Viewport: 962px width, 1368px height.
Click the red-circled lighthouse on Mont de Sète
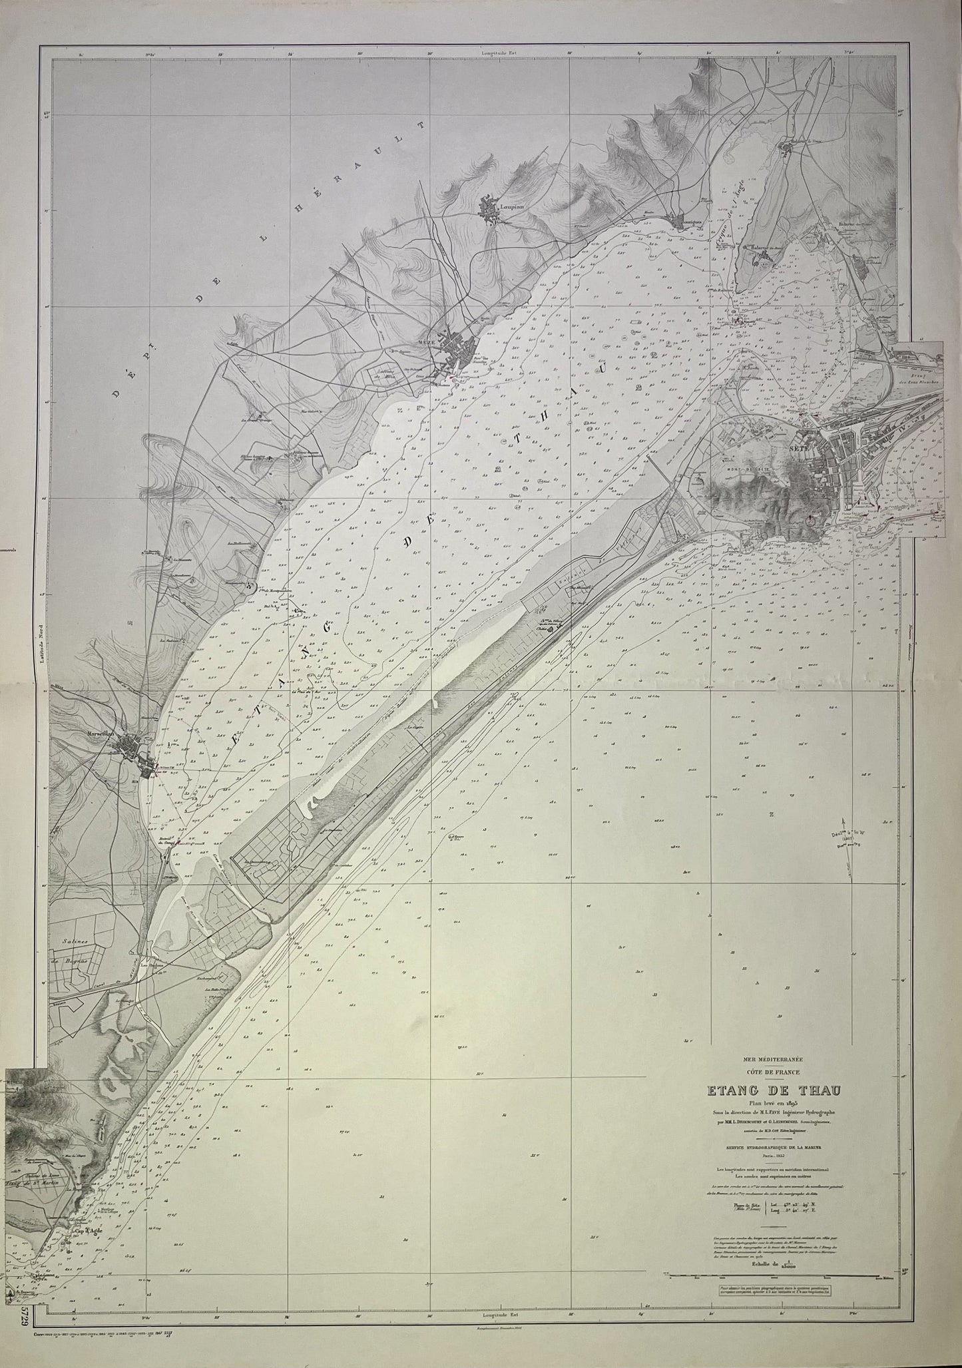coord(810,521)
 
